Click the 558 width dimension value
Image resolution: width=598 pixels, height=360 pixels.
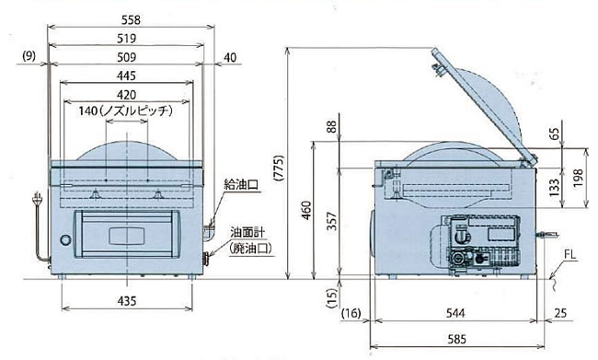tap(131, 20)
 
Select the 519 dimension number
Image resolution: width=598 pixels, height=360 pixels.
tap(127, 39)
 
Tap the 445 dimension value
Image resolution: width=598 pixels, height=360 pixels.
tap(126, 75)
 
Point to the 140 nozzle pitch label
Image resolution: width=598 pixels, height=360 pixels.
tap(126, 111)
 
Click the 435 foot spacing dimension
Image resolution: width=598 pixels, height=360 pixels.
tap(127, 301)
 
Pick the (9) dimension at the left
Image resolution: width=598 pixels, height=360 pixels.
tap(29, 56)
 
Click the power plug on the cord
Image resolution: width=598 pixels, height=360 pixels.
tap(37, 198)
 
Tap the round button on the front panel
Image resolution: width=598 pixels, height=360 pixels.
tap(65, 239)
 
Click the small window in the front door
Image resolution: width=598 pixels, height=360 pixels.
tap(126, 236)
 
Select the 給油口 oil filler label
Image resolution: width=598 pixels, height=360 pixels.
tap(242, 185)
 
